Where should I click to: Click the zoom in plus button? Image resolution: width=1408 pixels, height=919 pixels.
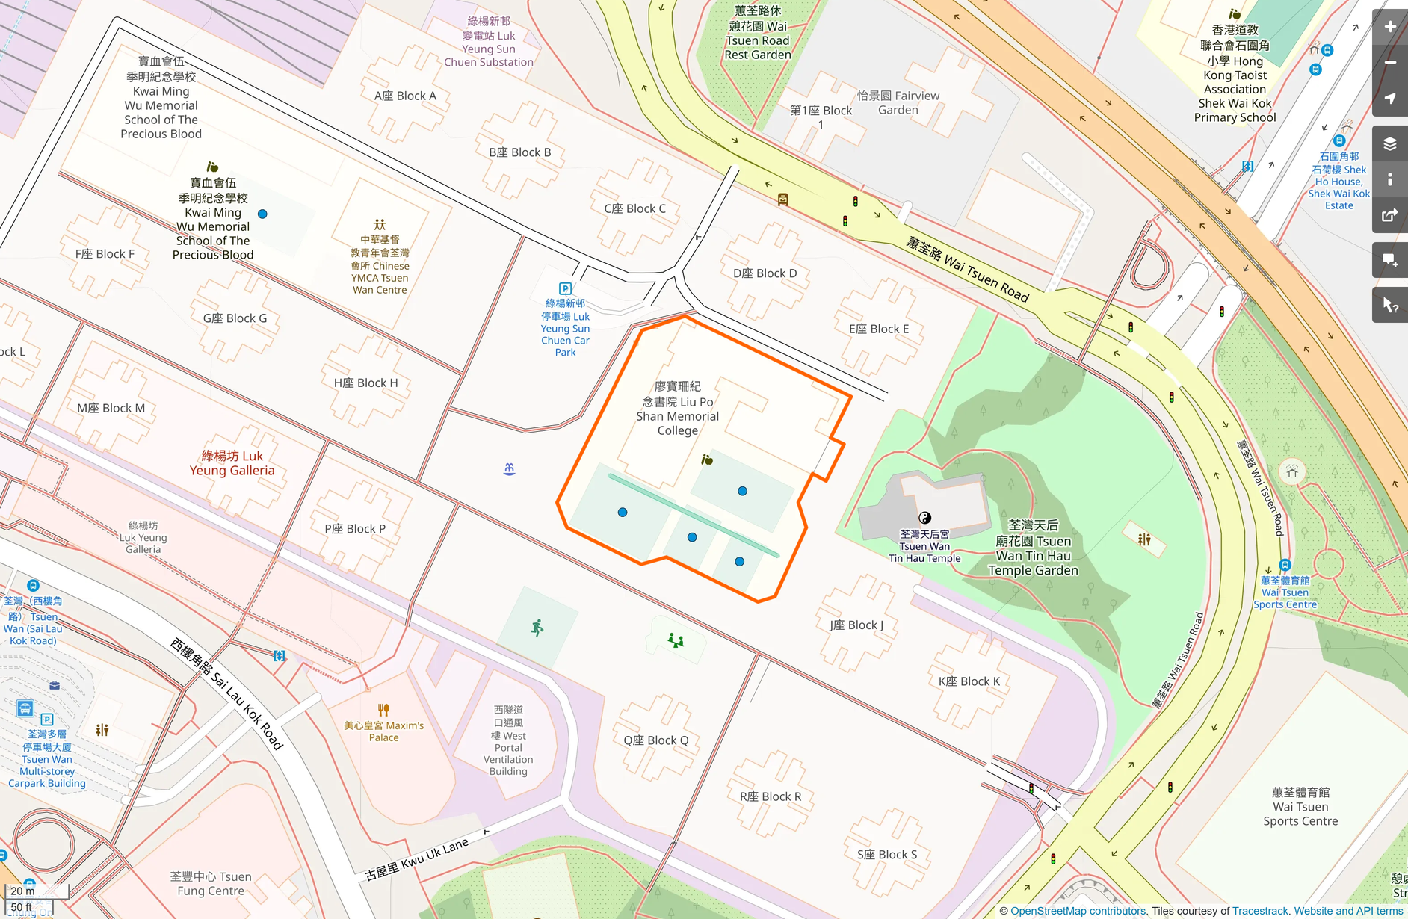[1389, 27]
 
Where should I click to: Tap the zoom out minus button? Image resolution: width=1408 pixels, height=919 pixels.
[1389, 63]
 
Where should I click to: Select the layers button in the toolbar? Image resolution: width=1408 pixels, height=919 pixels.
[1389, 144]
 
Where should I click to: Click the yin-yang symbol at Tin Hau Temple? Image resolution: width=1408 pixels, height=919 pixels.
[924, 517]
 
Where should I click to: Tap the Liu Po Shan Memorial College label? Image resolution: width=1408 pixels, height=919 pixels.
[677, 409]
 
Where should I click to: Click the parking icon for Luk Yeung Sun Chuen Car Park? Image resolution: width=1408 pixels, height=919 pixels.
[566, 288]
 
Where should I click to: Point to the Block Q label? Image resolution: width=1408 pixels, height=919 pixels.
[655, 740]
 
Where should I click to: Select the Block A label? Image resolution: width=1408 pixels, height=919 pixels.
[405, 96]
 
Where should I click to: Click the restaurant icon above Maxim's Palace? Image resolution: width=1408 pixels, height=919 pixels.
[383, 710]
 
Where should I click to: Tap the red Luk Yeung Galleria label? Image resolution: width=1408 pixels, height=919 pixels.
[232, 463]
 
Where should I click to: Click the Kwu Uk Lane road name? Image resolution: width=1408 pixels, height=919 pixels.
[416, 858]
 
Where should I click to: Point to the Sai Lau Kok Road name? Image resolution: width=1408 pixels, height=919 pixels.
[226, 693]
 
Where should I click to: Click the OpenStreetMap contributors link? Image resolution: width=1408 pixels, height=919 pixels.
[1077, 911]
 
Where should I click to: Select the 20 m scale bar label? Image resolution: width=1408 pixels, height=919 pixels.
[23, 891]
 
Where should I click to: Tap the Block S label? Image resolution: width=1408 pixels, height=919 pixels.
[886, 854]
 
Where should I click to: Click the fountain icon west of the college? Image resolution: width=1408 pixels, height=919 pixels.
[509, 468]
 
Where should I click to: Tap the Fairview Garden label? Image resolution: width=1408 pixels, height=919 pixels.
[898, 102]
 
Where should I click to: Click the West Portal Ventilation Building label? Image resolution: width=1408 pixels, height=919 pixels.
[508, 741]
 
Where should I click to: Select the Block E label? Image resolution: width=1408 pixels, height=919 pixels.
[878, 329]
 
